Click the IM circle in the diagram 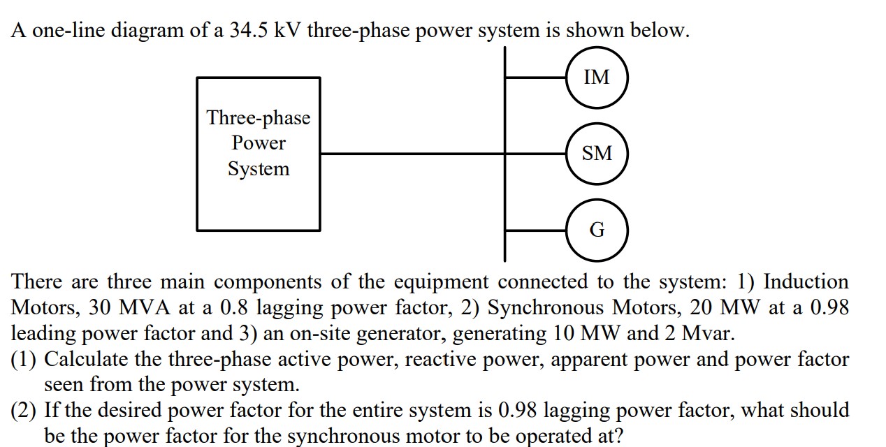[596, 77]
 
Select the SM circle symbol [596, 153]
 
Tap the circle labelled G [596, 230]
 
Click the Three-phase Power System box [259, 154]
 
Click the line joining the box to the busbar [412, 154]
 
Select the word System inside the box [259, 169]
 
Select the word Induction [806, 282]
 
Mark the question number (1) [25, 360]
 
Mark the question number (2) [25, 411]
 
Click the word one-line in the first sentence [61, 31]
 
